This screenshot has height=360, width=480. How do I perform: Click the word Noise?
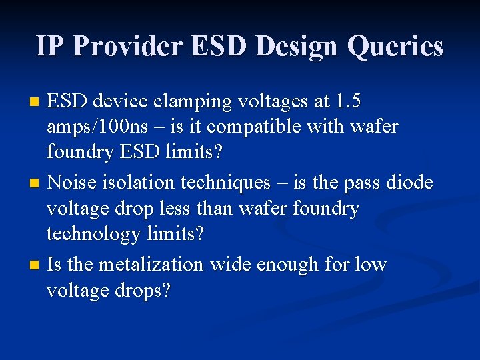point(73,182)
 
